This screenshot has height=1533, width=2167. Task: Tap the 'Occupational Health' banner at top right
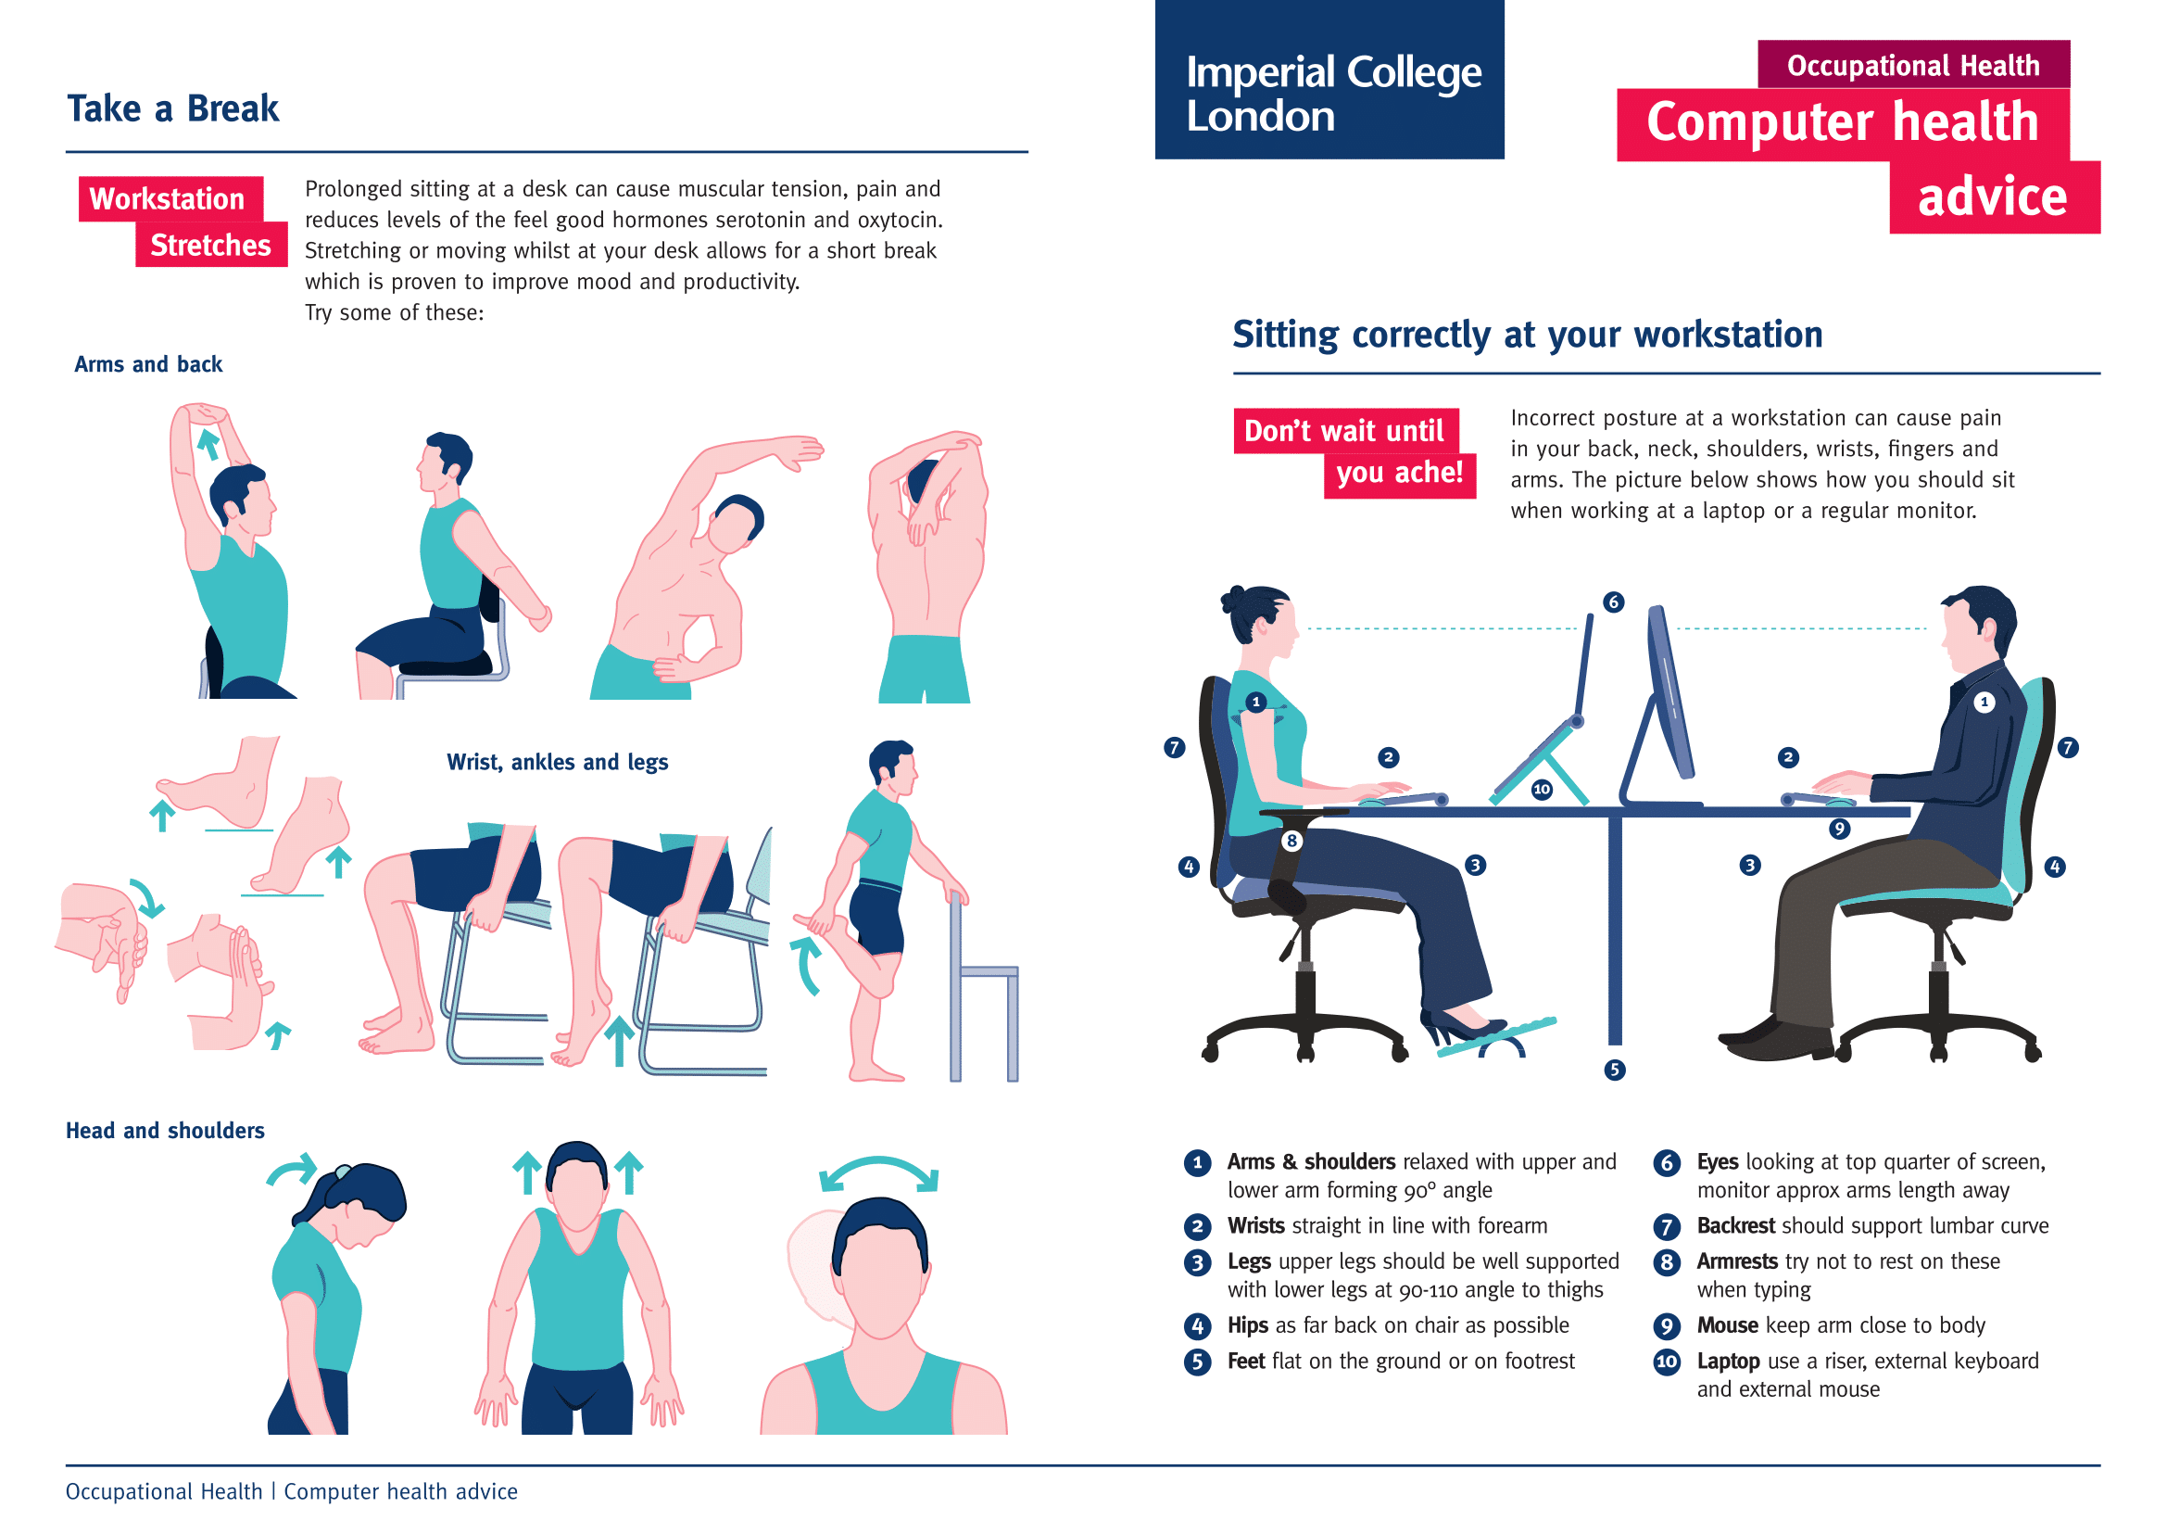[x=1912, y=65]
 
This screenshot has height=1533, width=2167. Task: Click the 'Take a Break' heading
[x=172, y=108]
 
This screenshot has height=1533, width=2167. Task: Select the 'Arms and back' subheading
[x=148, y=364]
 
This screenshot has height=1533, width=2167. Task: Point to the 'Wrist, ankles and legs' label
[x=557, y=762]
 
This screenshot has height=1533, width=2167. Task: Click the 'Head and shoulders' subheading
[x=165, y=1131]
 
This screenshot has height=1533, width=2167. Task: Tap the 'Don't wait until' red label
[x=1344, y=430]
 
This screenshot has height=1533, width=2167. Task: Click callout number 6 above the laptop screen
[x=1613, y=602]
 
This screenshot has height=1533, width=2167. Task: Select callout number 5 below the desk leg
[x=1614, y=1070]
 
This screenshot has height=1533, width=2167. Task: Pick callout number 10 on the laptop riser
[x=1542, y=789]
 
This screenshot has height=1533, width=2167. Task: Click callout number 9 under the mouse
[x=1838, y=829]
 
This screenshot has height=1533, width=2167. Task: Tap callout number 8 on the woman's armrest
[x=1291, y=840]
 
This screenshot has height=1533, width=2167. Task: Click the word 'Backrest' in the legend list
[x=1734, y=1226]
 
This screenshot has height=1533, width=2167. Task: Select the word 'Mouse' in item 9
[x=1726, y=1325]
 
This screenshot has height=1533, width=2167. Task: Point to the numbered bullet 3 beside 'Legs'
[x=1197, y=1262]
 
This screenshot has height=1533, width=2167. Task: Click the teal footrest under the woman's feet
[x=1496, y=1036]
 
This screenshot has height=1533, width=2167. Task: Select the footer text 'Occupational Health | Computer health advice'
[x=291, y=1491]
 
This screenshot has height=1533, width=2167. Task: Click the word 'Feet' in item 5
[x=1245, y=1362]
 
